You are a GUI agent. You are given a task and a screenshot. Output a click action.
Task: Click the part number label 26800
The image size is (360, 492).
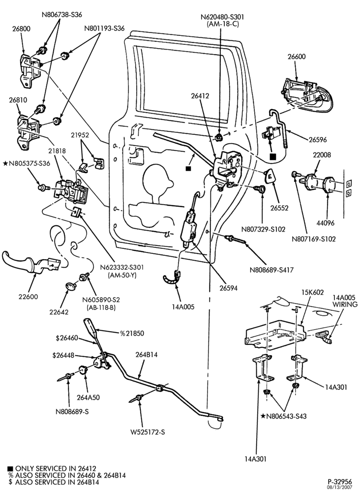click(x=21, y=29)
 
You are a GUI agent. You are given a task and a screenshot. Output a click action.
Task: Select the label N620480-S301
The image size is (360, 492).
click(x=222, y=17)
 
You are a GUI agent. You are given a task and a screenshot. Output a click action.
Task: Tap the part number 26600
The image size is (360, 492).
click(x=297, y=57)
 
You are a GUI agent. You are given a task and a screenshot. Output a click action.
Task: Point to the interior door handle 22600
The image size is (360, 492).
click(x=30, y=263)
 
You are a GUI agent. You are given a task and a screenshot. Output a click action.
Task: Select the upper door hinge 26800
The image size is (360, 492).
click(x=30, y=69)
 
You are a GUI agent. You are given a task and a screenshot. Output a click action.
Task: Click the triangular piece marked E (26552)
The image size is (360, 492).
click(x=270, y=176)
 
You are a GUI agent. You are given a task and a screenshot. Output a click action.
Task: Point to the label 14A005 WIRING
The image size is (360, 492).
click(x=345, y=301)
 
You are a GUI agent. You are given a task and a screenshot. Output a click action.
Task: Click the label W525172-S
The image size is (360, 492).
click(x=148, y=432)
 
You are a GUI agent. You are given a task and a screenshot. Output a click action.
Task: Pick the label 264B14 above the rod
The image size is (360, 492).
click(x=147, y=355)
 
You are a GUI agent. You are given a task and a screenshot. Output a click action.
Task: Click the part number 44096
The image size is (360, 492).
click(x=325, y=223)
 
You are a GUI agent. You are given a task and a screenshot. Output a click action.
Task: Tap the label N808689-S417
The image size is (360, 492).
click(x=271, y=270)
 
